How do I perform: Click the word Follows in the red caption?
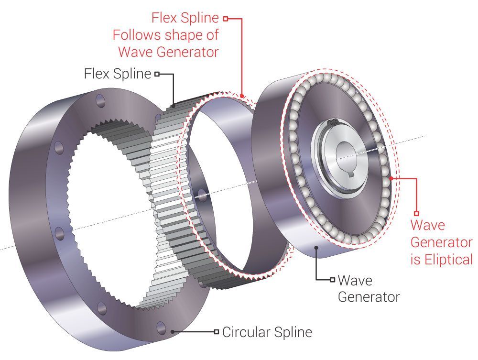(138, 34)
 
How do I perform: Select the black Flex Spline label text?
(117, 74)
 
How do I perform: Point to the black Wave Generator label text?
(368, 288)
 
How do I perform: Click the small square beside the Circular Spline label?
(217, 331)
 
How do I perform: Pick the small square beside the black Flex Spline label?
(156, 74)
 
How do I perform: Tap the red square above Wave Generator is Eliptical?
(416, 213)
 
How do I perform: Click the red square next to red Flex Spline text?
(225, 19)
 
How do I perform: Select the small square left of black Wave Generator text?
(332, 279)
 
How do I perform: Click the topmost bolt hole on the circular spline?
(100, 101)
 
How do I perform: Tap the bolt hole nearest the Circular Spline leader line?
(161, 327)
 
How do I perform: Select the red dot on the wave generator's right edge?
(392, 178)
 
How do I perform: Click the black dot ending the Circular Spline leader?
(173, 331)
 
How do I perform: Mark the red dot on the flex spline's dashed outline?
(243, 97)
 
